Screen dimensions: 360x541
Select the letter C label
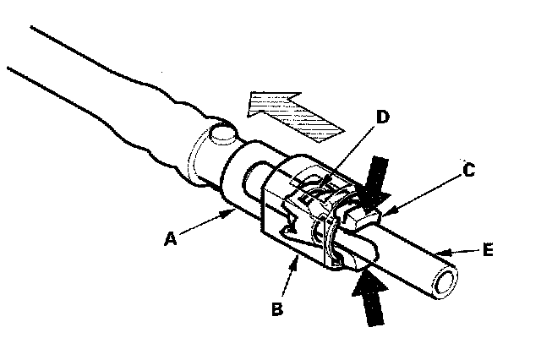coord(469,169)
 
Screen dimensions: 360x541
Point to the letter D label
coord(382,116)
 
